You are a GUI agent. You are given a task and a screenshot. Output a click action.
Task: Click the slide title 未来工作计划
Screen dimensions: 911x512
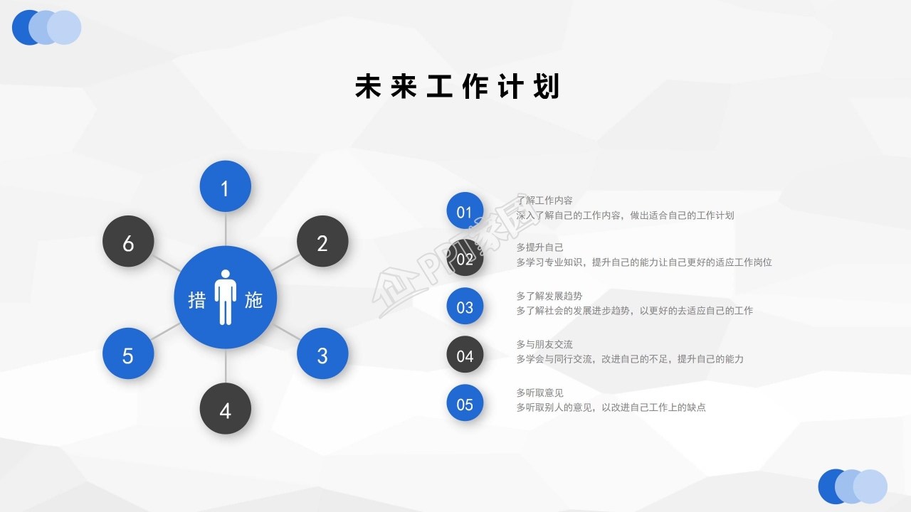458,87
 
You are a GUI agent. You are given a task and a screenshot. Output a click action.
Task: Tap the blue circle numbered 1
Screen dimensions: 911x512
225,187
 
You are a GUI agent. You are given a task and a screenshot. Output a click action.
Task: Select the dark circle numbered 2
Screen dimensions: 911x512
322,242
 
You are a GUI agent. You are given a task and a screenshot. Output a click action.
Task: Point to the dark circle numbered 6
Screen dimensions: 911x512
128,242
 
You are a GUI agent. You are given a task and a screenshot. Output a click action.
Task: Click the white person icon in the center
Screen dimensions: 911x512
226,297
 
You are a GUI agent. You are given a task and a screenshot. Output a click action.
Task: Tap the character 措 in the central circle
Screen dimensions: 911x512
196,299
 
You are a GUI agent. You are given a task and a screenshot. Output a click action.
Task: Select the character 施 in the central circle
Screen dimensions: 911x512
254,299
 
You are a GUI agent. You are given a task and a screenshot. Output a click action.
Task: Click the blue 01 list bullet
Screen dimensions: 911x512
465,211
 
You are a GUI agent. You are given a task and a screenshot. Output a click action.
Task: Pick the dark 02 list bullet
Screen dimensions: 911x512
465,259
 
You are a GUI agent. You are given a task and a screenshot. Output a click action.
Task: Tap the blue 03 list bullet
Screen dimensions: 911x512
465,306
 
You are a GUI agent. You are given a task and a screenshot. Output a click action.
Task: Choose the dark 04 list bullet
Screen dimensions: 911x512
465,355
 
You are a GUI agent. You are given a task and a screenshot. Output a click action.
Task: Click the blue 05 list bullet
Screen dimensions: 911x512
465,403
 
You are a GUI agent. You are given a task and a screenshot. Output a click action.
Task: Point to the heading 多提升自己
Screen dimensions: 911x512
539,247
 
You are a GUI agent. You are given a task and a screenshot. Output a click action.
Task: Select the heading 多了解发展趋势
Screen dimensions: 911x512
549,296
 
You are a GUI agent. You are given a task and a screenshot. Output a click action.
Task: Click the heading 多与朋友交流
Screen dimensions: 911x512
544,344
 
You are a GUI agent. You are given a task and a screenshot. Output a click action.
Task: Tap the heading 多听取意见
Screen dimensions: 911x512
539,393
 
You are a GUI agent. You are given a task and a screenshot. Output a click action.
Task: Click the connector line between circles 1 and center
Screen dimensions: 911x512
226,229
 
